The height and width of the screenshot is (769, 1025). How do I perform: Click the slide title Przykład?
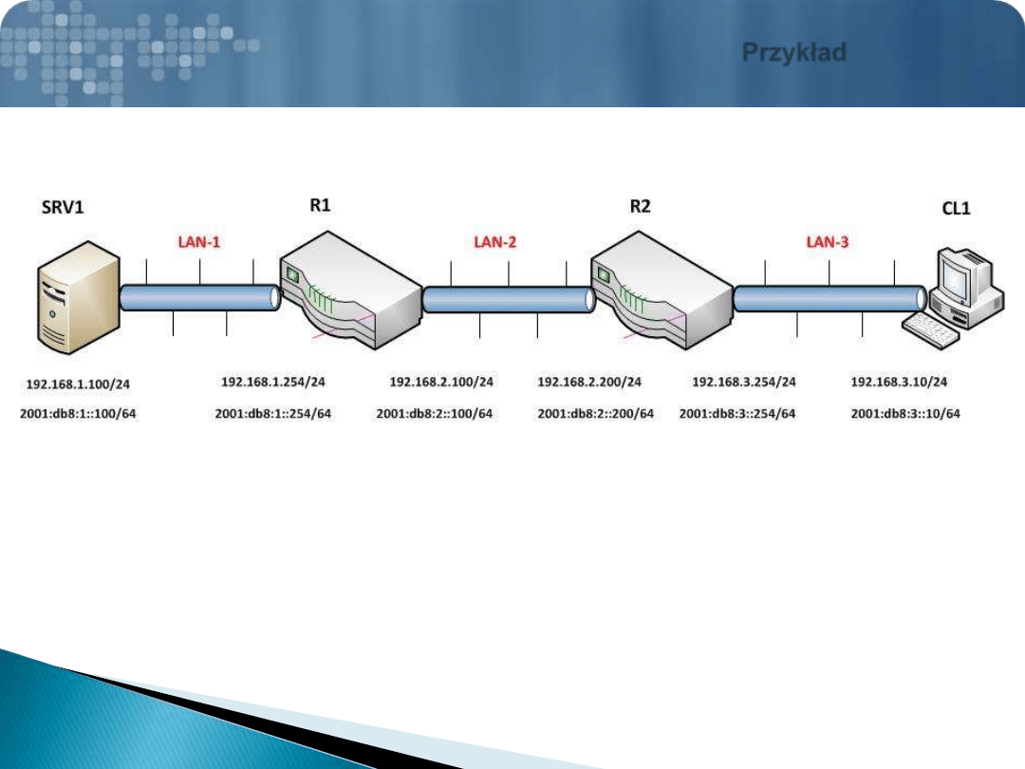coord(794,52)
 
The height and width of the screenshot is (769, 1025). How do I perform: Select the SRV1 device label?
coord(63,207)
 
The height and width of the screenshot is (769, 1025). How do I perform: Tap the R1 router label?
coord(320,205)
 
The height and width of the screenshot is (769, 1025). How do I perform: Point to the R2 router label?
coord(640,207)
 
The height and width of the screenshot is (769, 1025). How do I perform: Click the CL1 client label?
coord(956,209)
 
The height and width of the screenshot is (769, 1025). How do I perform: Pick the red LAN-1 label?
coord(198,242)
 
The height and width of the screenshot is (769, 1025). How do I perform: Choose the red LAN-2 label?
coord(494,243)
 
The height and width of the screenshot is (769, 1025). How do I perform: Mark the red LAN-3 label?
coord(827,242)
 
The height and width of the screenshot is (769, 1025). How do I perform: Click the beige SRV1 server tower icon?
coord(79,297)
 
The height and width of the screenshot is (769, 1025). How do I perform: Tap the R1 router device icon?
coord(350,291)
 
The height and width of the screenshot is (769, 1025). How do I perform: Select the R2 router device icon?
coord(662,291)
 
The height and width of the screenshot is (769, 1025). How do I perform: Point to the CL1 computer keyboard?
coord(930,330)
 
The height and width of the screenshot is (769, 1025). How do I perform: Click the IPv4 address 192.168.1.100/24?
coord(78,384)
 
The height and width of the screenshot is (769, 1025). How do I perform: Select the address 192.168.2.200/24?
coord(589,382)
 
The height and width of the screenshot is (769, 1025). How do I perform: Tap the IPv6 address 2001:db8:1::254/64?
coord(273,413)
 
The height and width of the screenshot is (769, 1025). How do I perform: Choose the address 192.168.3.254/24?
coord(744,382)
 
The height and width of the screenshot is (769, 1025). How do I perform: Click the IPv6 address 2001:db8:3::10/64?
coord(905,413)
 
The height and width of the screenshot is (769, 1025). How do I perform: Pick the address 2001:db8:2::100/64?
coord(434,413)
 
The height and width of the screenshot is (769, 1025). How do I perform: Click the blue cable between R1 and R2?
coord(509,300)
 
